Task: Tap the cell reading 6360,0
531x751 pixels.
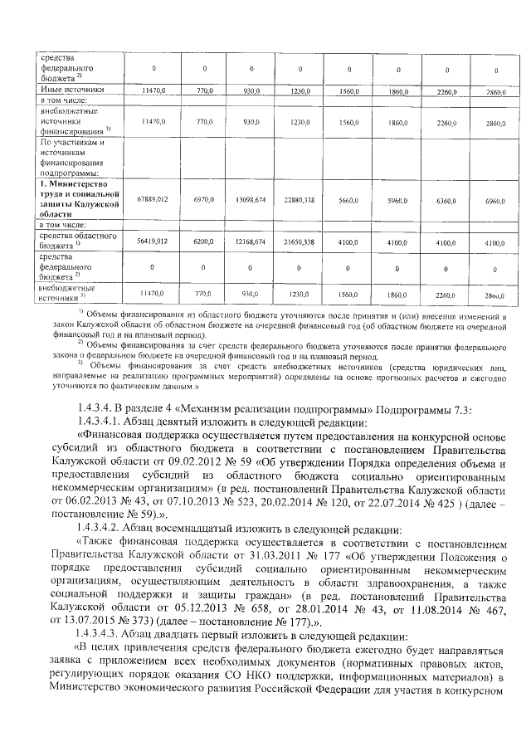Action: tap(446, 199)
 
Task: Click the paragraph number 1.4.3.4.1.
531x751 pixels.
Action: tap(99, 422)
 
